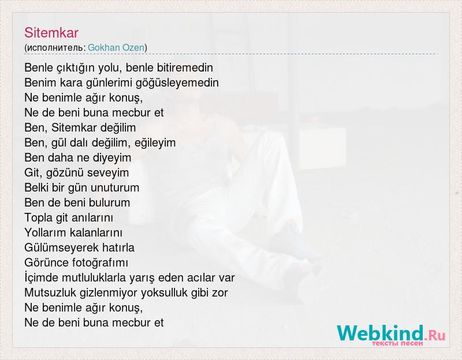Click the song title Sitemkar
coord(51,33)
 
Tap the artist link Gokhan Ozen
coord(116,47)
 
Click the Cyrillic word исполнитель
coord(55,48)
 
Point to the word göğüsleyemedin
coord(177,83)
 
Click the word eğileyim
coord(155,143)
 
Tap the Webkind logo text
coord(381,333)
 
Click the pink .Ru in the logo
coord(435,335)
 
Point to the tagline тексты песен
coord(397,343)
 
